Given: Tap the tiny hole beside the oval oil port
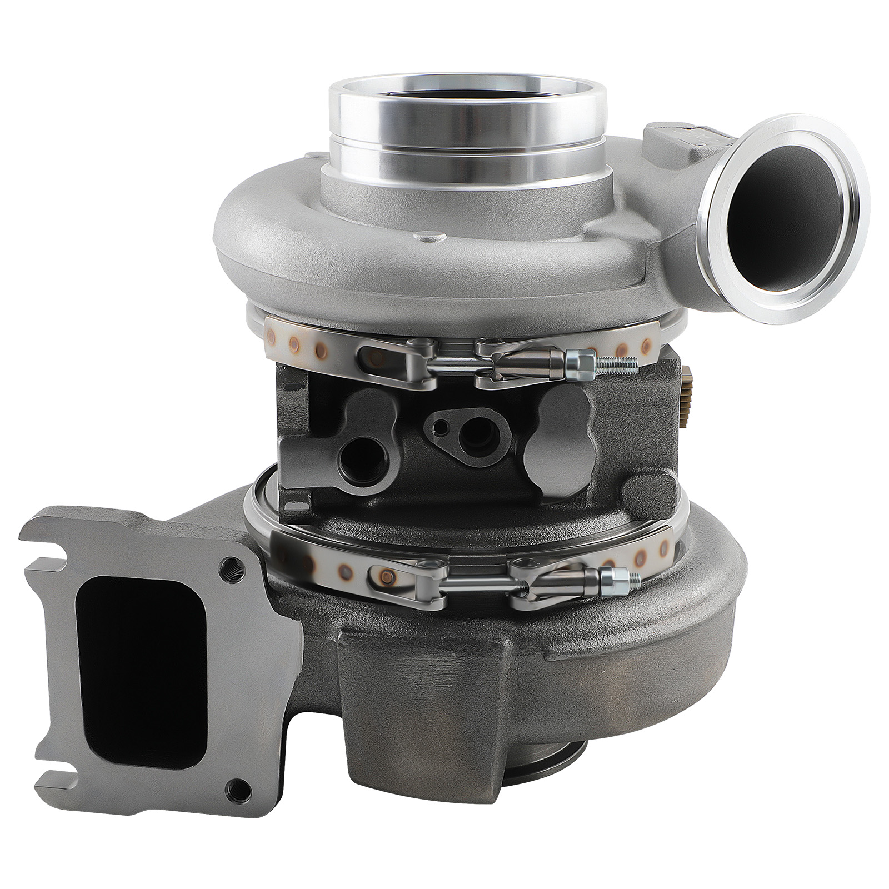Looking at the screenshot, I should (x=441, y=427).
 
